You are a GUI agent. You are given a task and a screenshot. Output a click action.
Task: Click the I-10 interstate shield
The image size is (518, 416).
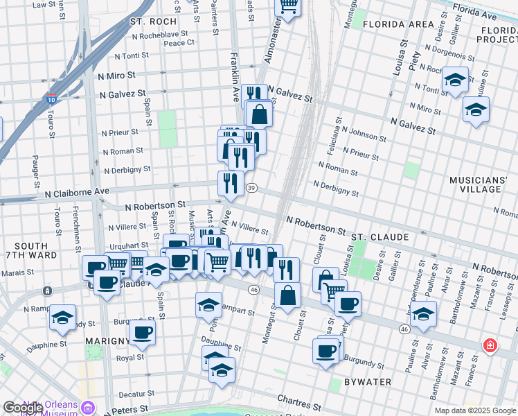[x=51, y=100]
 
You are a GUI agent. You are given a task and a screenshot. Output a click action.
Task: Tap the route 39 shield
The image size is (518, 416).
[x=252, y=188]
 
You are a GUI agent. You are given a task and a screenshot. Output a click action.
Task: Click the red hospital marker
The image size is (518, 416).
[x=490, y=345]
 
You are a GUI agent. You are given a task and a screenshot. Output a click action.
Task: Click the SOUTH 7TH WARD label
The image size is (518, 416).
[x=30, y=251]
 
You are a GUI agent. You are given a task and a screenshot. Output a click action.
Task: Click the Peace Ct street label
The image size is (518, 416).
[x=179, y=43]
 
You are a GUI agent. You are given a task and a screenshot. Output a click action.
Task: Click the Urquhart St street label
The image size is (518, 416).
[x=129, y=245]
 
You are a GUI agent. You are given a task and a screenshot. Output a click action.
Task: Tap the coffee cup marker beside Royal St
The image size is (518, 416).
[x=143, y=333]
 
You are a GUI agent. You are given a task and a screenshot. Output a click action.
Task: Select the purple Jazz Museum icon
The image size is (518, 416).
[x=88, y=407]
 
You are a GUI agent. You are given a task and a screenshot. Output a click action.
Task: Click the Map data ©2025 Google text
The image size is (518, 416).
[x=474, y=410]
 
